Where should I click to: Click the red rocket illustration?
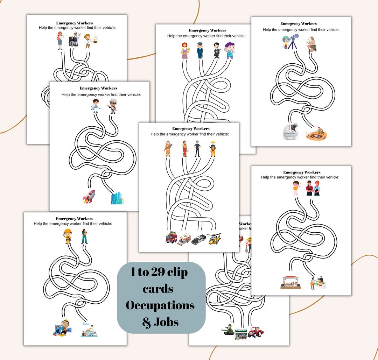[89, 197]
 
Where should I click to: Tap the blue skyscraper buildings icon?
[117, 198]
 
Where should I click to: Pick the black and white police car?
[199, 239]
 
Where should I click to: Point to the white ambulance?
[184, 240]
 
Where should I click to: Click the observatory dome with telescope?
[290, 132]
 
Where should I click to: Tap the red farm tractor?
[255, 332]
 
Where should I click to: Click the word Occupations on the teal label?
[160, 305]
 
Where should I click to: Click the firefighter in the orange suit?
[168, 149]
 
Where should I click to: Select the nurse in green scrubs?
[84, 236]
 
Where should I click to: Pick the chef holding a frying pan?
[89, 41]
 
